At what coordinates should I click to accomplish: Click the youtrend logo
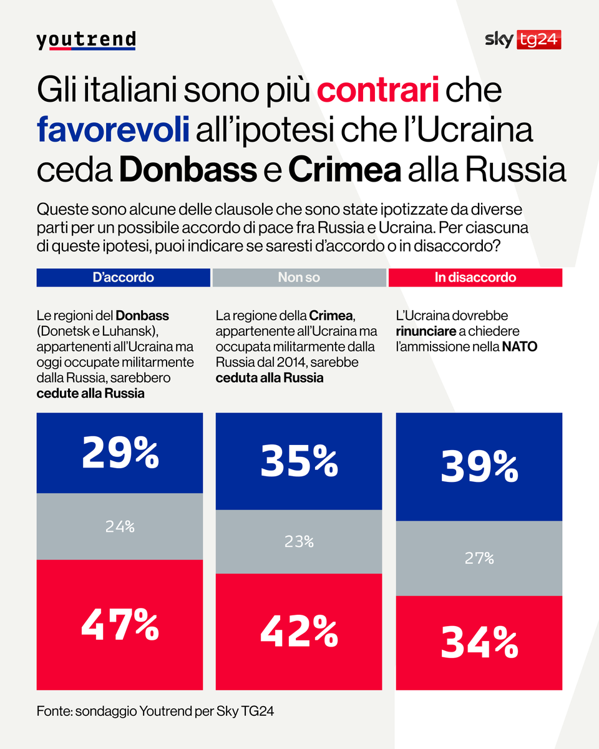pyautogui.click(x=86, y=40)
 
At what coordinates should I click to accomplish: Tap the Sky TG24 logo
pyautogui.click(x=523, y=40)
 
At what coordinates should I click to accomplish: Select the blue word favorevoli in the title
pyautogui.click(x=112, y=130)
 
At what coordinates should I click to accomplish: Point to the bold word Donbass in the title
pyautogui.click(x=188, y=170)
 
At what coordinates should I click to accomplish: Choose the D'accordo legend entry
pyautogui.click(x=123, y=278)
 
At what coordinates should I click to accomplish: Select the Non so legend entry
pyautogui.click(x=299, y=278)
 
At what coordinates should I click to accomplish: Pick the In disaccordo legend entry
pyautogui.click(x=475, y=278)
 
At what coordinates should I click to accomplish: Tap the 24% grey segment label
pyautogui.click(x=120, y=527)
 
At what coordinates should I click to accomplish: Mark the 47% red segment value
pyautogui.click(x=120, y=625)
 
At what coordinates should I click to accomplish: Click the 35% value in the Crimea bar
pyautogui.click(x=299, y=461)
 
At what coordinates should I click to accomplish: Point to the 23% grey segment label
pyautogui.click(x=299, y=542)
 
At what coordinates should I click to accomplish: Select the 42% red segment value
pyautogui.click(x=299, y=632)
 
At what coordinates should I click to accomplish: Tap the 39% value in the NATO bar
pyautogui.click(x=479, y=467)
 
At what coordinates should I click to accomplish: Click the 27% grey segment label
pyautogui.click(x=479, y=559)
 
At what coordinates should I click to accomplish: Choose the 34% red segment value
pyautogui.click(x=479, y=643)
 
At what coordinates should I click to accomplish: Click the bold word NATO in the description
pyautogui.click(x=519, y=346)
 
